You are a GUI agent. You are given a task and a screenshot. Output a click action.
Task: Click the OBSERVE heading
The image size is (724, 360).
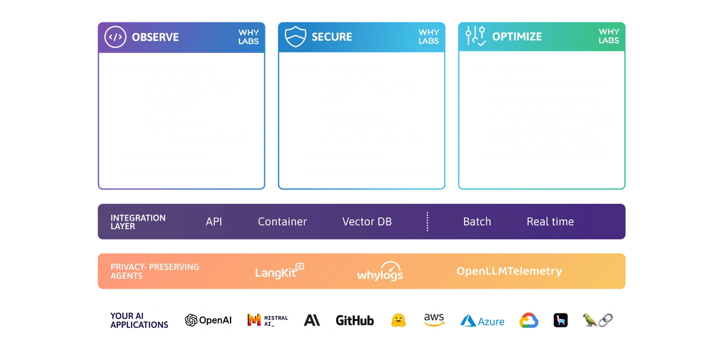pyautogui.click(x=155, y=37)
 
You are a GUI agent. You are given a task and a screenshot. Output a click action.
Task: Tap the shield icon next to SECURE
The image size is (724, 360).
pyautogui.click(x=296, y=36)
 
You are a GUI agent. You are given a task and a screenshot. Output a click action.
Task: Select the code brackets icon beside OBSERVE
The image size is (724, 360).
pyautogui.click(x=115, y=37)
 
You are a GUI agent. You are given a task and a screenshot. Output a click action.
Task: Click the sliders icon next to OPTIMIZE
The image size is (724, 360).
pyautogui.click(x=476, y=36)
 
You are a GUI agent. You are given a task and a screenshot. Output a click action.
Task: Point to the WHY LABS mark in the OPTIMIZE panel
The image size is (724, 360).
pyautogui.click(x=609, y=36)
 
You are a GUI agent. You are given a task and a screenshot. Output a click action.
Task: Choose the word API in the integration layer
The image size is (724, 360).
pyautogui.click(x=214, y=221)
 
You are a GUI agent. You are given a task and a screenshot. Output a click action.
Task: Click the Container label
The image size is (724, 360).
pyautogui.click(x=282, y=221)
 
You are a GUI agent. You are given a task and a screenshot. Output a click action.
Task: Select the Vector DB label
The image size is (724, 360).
pyautogui.click(x=367, y=221)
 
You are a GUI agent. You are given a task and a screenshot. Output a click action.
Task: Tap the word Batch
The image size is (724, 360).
pyautogui.click(x=477, y=221)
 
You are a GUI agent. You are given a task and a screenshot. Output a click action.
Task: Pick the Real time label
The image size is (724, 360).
pyautogui.click(x=550, y=221)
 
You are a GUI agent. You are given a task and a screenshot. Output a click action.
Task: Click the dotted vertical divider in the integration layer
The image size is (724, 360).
pyautogui.click(x=427, y=221)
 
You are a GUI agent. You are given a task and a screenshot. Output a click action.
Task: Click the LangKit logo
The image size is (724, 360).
pyautogui.click(x=279, y=271)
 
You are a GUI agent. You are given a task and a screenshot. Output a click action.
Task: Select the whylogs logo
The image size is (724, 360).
pyautogui.click(x=380, y=272)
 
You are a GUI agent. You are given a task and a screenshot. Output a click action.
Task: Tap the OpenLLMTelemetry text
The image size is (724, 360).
pyautogui.click(x=509, y=271)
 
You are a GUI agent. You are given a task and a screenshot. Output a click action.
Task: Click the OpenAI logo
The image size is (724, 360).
pyautogui.click(x=208, y=320)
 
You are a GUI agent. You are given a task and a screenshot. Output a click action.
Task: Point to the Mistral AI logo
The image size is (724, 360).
pyautogui.click(x=267, y=320)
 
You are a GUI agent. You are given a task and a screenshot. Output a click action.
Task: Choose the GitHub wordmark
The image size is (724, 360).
pyautogui.click(x=355, y=320)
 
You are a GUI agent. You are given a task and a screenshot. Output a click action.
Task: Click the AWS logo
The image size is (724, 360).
pyautogui.click(x=434, y=320)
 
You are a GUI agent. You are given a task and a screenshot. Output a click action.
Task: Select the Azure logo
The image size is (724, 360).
pyautogui.click(x=482, y=321)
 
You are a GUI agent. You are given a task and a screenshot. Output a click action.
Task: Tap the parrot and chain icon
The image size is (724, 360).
pyautogui.click(x=598, y=320)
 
